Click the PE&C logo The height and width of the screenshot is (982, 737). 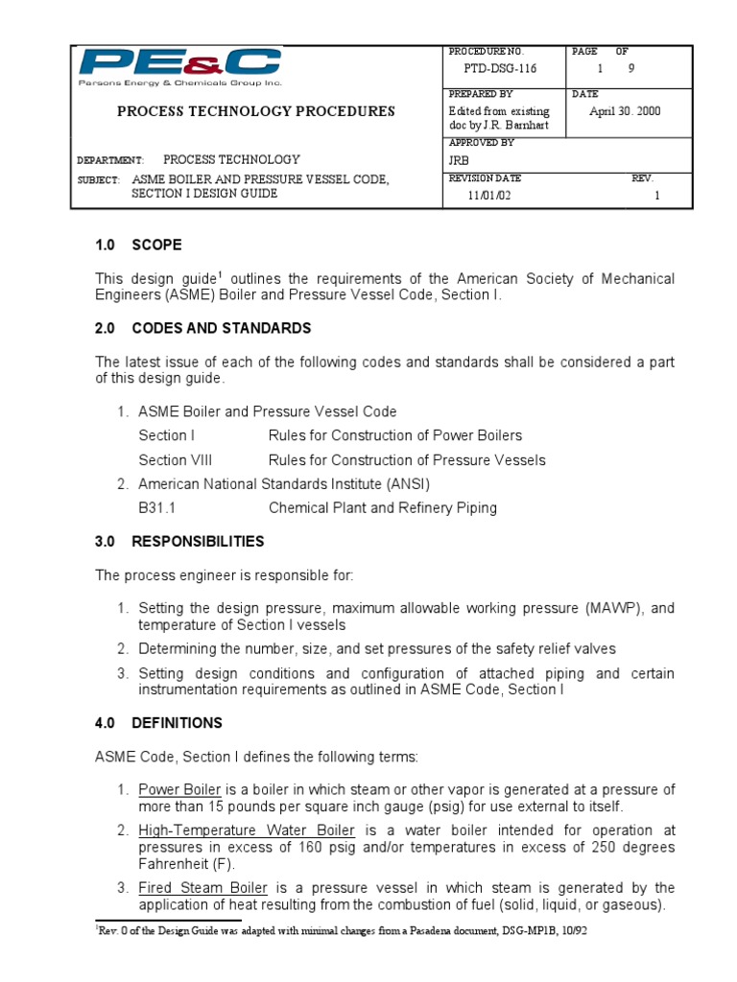[x=179, y=67]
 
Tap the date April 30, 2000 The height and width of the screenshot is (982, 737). [x=625, y=111]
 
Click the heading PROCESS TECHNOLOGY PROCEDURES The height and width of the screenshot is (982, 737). [x=255, y=111]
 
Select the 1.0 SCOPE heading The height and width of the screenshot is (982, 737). [x=138, y=245]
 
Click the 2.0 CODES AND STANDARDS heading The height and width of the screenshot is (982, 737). [x=202, y=328]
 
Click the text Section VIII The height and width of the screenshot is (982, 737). [x=176, y=460]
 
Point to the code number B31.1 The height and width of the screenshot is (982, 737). [x=157, y=508]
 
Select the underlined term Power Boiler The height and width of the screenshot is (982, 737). [x=179, y=789]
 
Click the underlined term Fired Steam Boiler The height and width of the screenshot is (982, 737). [x=202, y=888]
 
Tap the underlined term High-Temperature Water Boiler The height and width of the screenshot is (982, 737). [x=247, y=830]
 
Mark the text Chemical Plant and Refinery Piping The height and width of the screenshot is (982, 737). [x=382, y=508]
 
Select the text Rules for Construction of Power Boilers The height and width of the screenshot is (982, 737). [x=395, y=435]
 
